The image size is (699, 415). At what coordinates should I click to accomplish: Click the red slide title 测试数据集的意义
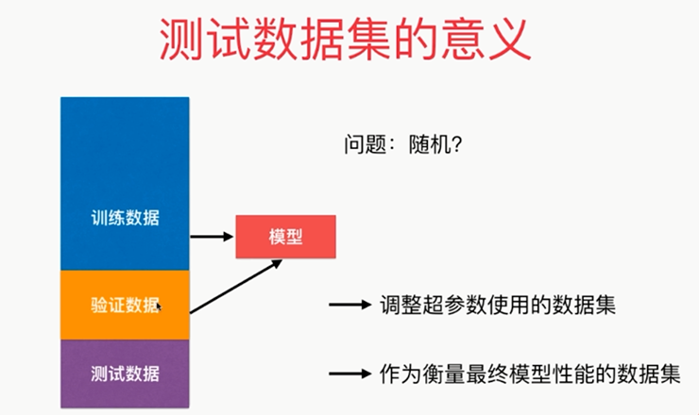(x=346, y=40)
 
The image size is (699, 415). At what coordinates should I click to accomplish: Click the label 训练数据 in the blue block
(x=125, y=218)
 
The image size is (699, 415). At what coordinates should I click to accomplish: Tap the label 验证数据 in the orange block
(x=125, y=305)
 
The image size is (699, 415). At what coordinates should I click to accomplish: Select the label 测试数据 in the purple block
(x=125, y=373)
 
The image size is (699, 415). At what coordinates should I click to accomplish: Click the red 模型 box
(x=286, y=237)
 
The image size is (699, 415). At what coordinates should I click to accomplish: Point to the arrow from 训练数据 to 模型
(x=212, y=237)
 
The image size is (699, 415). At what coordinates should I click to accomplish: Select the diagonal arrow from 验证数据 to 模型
(x=236, y=287)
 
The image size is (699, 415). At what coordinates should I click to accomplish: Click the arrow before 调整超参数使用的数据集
(x=349, y=305)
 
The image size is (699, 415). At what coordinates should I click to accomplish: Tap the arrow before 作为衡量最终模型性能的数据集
(x=349, y=373)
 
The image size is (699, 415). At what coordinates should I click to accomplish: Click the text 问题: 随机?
(x=403, y=144)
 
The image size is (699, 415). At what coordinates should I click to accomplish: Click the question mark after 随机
(x=456, y=144)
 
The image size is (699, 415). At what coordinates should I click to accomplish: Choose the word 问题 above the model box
(x=365, y=144)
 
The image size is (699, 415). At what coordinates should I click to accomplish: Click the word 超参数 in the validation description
(x=454, y=305)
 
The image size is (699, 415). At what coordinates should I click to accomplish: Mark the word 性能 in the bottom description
(x=572, y=373)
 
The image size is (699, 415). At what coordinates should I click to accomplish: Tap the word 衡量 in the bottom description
(x=444, y=373)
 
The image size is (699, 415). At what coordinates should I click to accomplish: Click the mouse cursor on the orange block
(x=159, y=307)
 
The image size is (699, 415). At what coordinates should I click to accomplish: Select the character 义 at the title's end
(x=509, y=40)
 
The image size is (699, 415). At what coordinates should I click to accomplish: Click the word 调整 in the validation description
(x=401, y=305)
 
